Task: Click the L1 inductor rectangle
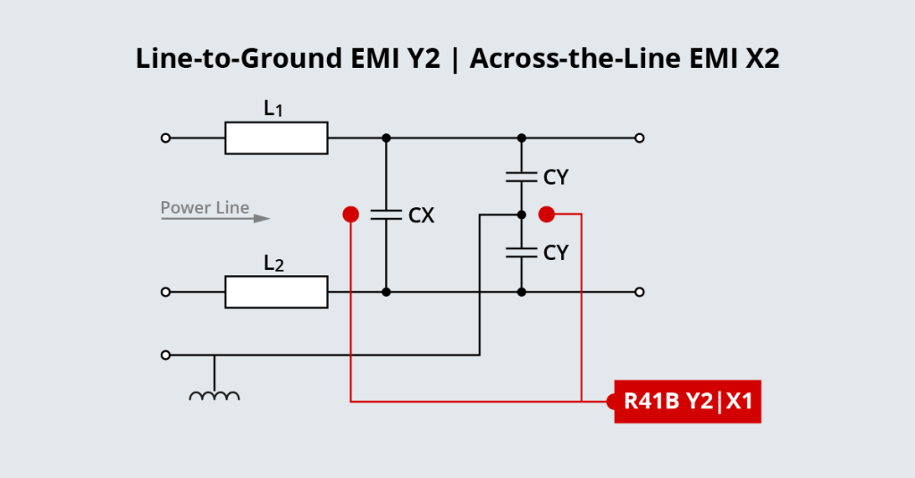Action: pos(276,138)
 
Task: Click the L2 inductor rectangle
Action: pos(276,292)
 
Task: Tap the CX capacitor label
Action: pos(421,215)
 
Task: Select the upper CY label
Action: pos(556,178)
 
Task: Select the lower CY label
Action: pos(556,253)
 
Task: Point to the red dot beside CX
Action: pos(351,214)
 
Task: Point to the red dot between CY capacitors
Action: pos(547,214)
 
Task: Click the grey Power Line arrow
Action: pos(215,218)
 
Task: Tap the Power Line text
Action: pos(205,208)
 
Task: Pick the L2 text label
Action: pos(274,264)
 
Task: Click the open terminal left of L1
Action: pos(165,138)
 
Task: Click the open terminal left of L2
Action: pos(165,292)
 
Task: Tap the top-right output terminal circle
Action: pos(639,138)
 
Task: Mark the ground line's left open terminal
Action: pos(165,355)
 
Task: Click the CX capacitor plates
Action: pos(386,214)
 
